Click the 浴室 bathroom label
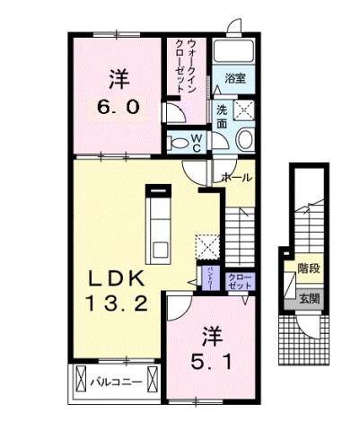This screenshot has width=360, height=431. pyautogui.click(x=235, y=79)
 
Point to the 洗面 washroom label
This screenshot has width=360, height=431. pyautogui.click(x=221, y=118)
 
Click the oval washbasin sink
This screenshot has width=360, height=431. pyautogui.click(x=245, y=139)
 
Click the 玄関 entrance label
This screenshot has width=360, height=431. pyautogui.click(x=309, y=298)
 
